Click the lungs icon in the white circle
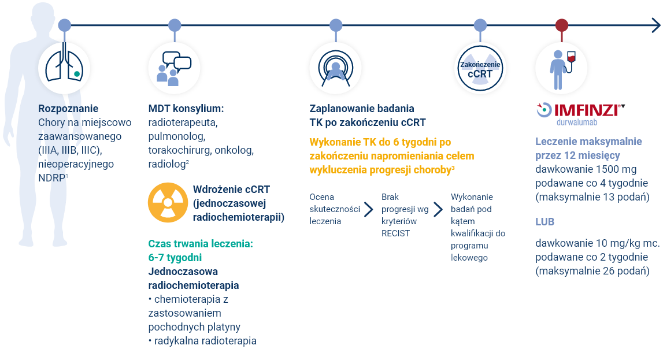(64, 68)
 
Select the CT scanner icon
(335, 68)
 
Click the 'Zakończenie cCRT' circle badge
(480, 68)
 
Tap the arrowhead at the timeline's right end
(655, 25)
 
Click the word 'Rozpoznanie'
(68, 108)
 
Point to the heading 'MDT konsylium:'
(186, 108)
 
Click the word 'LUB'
(545, 222)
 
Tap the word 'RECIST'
(396, 233)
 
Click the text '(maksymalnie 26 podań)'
(592, 271)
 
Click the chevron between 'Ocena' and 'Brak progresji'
(368, 209)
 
